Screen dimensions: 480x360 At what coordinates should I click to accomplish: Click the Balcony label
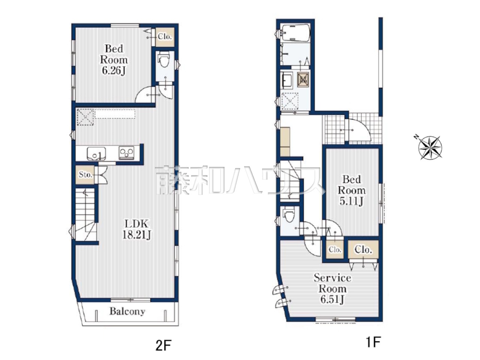click(x=127, y=312)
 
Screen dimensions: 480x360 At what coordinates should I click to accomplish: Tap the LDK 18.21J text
click(x=136, y=229)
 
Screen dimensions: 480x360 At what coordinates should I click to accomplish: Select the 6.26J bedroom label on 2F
click(x=114, y=60)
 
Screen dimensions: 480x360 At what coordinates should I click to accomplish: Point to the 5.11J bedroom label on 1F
click(x=351, y=190)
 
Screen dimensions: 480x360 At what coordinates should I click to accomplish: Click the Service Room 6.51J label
click(x=332, y=289)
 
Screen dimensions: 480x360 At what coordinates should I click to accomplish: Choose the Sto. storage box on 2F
click(x=85, y=175)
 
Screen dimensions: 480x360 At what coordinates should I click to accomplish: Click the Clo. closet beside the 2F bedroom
click(x=165, y=37)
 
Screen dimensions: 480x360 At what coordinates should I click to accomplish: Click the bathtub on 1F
click(x=295, y=33)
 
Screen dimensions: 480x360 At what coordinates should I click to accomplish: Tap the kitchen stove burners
click(x=126, y=153)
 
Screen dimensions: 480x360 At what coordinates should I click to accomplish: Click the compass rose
click(x=430, y=148)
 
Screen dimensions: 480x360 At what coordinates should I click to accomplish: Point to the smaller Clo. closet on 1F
click(x=335, y=249)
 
